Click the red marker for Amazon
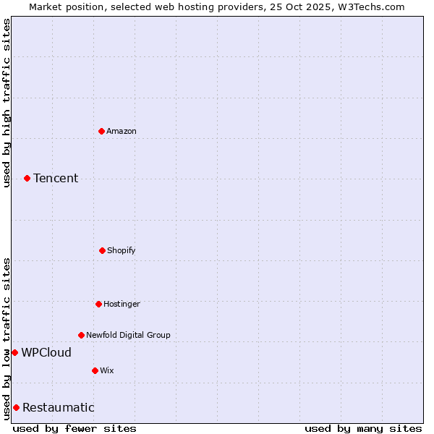[101, 131]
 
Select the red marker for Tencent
[27, 178]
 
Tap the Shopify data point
[102, 250]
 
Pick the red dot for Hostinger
[98, 304]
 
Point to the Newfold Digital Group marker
[81, 335]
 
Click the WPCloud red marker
[14, 352]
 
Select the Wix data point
[95, 370]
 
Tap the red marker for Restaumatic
[16, 407]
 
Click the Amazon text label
[122, 131]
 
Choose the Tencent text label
[56, 178]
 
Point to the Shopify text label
[122, 250]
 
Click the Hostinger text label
[122, 304]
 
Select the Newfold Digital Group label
[128, 335]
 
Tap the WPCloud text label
[46, 352]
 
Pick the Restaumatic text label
[58, 407]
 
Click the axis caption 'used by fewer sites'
[75, 428]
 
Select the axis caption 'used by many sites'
[363, 428]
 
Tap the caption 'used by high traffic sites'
[7, 103]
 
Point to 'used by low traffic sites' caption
[7, 339]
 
